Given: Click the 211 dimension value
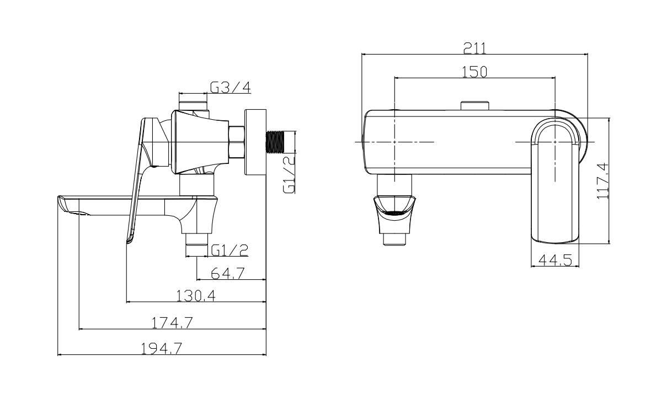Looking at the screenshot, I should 474,48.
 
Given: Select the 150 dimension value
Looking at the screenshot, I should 474,72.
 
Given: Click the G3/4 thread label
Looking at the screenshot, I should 230,87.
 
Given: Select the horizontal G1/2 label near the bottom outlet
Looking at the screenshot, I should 229,250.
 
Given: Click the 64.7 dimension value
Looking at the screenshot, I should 229,273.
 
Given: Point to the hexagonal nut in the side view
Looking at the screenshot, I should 237,142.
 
